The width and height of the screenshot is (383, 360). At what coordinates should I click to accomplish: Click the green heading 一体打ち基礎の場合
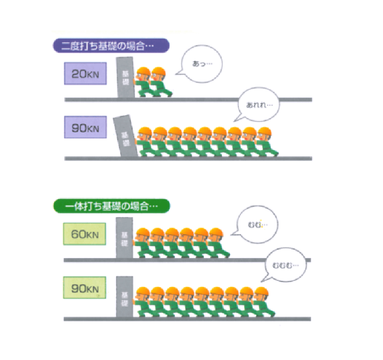(x=111, y=206)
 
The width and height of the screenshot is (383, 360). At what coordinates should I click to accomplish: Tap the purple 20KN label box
(x=85, y=73)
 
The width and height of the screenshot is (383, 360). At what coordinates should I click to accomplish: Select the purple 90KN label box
(x=85, y=127)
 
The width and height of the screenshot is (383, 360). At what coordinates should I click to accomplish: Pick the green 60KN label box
(x=85, y=234)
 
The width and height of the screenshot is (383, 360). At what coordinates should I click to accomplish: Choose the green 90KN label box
(x=85, y=288)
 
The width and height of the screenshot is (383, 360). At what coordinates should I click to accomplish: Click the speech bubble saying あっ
(x=202, y=64)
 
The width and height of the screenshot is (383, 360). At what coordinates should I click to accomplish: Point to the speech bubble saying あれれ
(x=258, y=105)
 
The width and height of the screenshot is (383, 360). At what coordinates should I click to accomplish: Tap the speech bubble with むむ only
(x=257, y=224)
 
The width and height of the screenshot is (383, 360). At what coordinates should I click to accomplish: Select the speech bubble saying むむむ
(x=284, y=265)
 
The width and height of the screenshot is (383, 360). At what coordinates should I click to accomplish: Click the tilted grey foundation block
(x=125, y=136)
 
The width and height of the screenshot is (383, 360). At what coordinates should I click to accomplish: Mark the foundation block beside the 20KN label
(x=125, y=78)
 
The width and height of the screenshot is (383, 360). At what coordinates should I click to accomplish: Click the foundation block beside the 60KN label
(x=125, y=238)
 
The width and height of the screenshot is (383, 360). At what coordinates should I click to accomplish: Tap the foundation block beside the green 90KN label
(x=125, y=297)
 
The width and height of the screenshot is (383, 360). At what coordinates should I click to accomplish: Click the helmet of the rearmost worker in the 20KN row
(x=159, y=71)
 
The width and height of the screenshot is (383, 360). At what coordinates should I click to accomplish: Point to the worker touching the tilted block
(x=144, y=141)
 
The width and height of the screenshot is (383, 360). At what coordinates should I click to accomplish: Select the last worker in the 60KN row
(x=219, y=243)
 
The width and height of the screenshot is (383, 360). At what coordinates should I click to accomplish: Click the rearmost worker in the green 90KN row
(x=264, y=302)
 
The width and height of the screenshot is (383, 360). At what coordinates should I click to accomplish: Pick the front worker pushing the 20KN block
(x=144, y=82)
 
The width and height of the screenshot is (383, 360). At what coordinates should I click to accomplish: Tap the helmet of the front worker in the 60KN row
(x=143, y=232)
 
